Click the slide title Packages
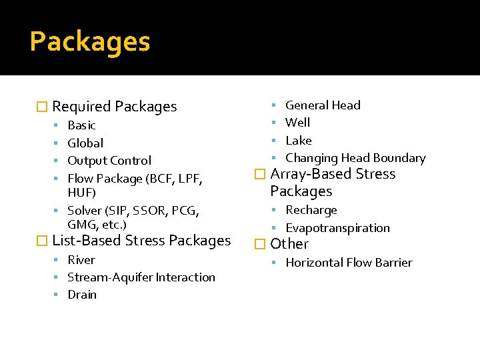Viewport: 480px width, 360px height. (90, 42)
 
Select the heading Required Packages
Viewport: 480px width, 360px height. (114, 107)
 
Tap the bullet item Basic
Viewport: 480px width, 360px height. (81, 125)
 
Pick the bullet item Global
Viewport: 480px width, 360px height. (85, 143)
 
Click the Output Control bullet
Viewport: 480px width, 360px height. (109, 161)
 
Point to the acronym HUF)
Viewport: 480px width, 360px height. (82, 193)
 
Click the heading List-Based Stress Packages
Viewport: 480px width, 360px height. (141, 241)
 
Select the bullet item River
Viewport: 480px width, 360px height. (81, 260)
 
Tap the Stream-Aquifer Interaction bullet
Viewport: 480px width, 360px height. (141, 277)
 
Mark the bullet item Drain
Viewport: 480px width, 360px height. (82, 295)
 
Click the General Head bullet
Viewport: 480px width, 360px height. (323, 105)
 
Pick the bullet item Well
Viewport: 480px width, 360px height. (297, 123)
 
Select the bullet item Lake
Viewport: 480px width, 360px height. (298, 141)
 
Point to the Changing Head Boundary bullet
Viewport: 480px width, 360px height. (355, 158)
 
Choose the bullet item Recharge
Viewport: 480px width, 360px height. (311, 210)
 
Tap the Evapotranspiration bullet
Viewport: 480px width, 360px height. (337, 228)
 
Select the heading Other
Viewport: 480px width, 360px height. (289, 244)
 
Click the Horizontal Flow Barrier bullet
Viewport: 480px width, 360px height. (349, 263)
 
